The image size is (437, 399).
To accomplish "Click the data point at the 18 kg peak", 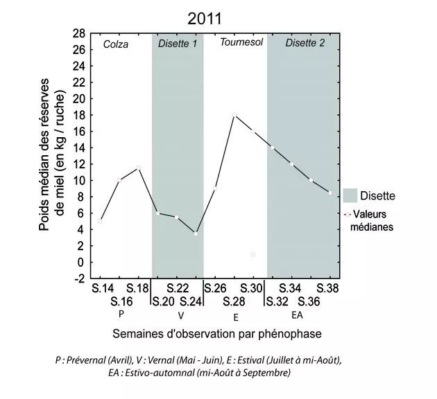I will pyautogui.click(x=234, y=114).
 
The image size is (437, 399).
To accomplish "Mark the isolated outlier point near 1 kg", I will pyautogui.click(x=253, y=254).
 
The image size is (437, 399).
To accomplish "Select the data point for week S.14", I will pyautogui.click(x=101, y=221).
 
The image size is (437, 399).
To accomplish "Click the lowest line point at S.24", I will pyautogui.click(x=196, y=233).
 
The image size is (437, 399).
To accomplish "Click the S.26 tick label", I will pyautogui.click(x=216, y=288).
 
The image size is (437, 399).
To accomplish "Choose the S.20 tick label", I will pyautogui.click(x=164, y=301).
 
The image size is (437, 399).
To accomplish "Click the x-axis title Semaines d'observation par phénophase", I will pyautogui.click(x=216, y=334).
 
